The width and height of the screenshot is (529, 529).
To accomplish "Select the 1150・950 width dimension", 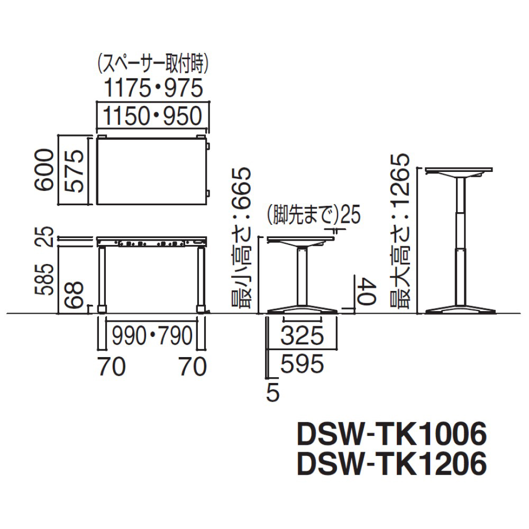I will pyautogui.click(x=153, y=116).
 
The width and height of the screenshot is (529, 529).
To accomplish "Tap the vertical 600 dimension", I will pyautogui.click(x=43, y=170).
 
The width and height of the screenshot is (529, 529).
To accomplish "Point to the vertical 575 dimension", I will pyautogui.click(x=74, y=170).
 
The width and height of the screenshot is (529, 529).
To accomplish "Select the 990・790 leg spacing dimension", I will pyautogui.click(x=152, y=335).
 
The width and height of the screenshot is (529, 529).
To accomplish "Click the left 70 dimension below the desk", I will pyautogui.click(x=112, y=366).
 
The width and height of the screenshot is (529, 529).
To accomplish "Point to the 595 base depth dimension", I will pyautogui.click(x=302, y=363).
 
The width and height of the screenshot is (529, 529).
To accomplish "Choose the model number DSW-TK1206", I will pyautogui.click(x=391, y=464).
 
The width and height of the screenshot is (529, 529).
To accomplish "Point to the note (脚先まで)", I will pyautogui.click(x=302, y=215).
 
